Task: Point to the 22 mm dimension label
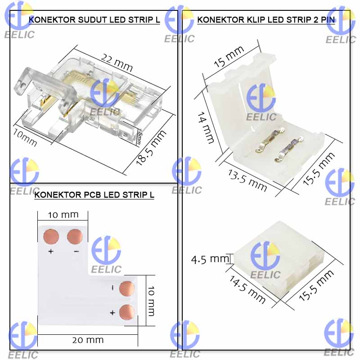tap(117, 63)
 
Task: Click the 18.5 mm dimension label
tap(151, 148)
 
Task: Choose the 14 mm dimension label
tap(206, 128)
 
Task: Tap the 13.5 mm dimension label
tap(247, 180)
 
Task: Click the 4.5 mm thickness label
tap(210, 259)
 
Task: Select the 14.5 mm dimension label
tap(247, 289)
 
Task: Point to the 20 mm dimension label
tap(88, 340)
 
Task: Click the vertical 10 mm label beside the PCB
tap(151, 301)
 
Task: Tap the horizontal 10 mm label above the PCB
tap(63, 215)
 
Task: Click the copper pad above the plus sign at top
tap(51, 237)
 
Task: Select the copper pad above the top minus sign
tap(75, 237)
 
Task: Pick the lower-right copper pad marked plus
tap(127, 312)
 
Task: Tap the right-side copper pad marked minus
tap(127, 288)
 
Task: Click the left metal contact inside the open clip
tap(270, 140)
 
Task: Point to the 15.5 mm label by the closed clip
tap(316, 285)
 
